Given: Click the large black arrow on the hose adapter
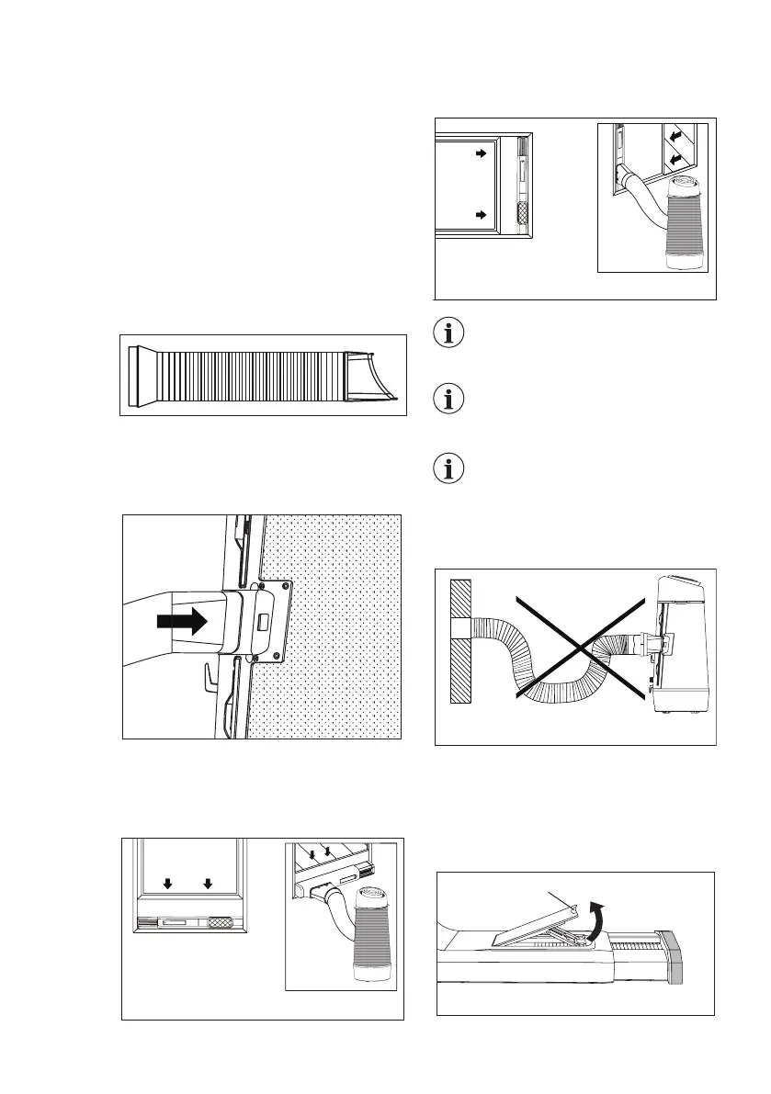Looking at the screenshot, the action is coord(183,622).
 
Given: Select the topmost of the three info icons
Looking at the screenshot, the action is coord(448,333).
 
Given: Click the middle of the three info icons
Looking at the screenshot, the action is coord(448,400).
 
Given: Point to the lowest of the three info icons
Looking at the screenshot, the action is coord(448,470).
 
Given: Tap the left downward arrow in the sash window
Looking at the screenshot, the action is coord(167,885).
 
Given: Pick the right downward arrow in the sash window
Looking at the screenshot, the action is coord(208,885).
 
